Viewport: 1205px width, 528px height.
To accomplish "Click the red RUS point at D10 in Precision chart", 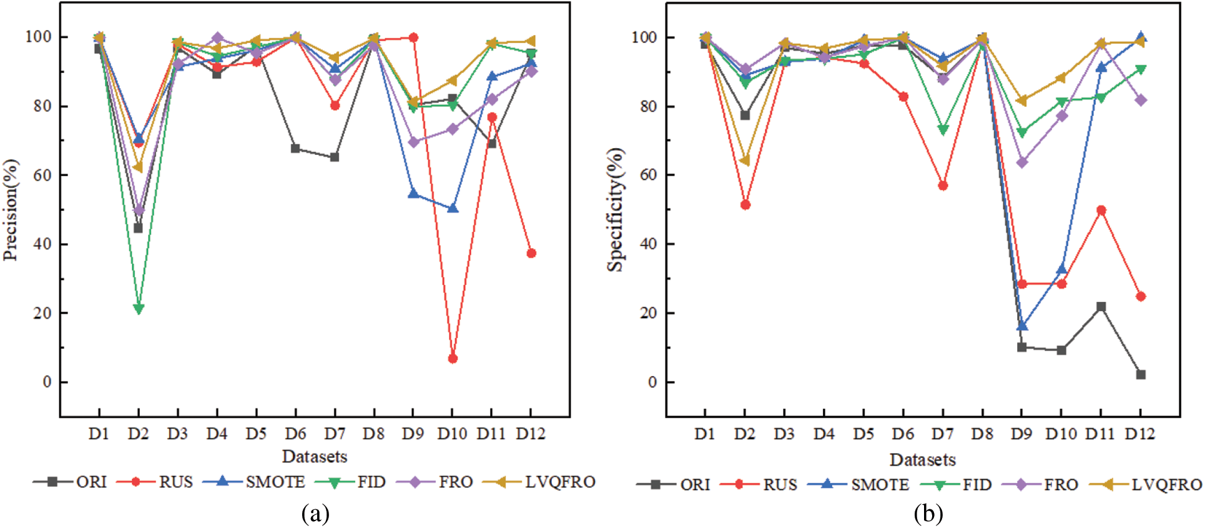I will tap(452, 359).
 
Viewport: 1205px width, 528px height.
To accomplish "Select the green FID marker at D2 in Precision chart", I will tap(139, 309).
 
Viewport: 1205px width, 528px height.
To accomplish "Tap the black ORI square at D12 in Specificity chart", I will tap(1140, 375).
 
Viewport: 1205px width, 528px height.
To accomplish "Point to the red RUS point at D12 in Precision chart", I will tap(531, 253).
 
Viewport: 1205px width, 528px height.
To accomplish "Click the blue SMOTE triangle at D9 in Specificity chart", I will tap(1021, 326).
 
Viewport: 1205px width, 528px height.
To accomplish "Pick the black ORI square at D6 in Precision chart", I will tap(295, 149).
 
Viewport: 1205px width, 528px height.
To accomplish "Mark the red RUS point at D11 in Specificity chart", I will tap(1101, 211).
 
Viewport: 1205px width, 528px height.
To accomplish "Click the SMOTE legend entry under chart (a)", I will tap(275, 482).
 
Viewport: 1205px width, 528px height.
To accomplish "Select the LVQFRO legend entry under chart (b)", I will tap(1166, 484).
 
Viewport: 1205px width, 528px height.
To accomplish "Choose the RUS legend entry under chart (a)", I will tap(175, 482).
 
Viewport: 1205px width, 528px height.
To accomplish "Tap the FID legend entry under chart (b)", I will tap(976, 484).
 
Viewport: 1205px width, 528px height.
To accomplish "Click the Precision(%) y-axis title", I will tap(11, 210).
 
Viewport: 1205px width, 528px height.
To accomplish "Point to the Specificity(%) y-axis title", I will tap(616, 210).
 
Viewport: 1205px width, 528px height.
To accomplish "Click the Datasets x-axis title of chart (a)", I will tap(314, 457).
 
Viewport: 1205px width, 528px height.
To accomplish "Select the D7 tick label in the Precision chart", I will tap(335, 434).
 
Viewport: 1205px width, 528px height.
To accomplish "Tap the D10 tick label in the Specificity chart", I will tap(1061, 434).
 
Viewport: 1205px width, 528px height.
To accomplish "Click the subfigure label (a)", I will tap(315, 514).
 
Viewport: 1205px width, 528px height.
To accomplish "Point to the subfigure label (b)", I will tap(928, 514).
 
